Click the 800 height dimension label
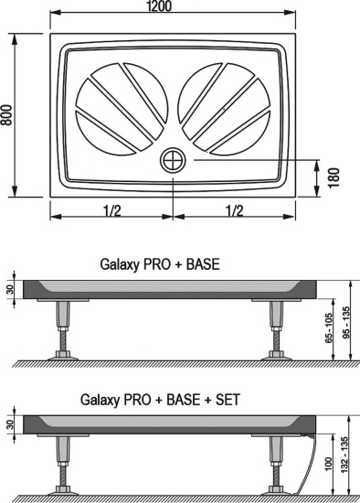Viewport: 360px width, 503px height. pos(8,114)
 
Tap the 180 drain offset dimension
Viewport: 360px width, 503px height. pos(335,177)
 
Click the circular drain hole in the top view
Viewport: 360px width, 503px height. pos(173,160)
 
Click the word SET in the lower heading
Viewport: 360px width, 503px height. pos(228,400)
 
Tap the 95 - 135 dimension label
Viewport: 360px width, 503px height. pos(346,322)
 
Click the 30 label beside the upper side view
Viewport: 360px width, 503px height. pos(9,290)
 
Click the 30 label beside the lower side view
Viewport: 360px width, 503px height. pos(9,425)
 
